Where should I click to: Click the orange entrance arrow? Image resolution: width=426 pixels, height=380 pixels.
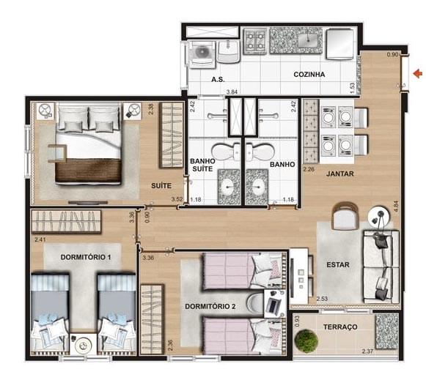(418, 73)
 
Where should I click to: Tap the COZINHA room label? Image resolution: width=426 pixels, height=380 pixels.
(309, 75)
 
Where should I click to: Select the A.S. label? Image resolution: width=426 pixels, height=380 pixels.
(218, 80)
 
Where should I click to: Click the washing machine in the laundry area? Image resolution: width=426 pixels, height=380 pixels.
(202, 53)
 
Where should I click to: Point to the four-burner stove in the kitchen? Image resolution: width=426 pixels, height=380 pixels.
(255, 40)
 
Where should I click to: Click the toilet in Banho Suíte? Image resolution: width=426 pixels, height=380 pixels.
(226, 151)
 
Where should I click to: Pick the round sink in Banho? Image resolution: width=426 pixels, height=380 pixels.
(257, 187)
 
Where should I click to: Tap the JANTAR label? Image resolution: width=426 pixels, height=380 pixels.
(340, 174)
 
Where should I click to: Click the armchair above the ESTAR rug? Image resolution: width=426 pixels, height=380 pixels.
(345, 216)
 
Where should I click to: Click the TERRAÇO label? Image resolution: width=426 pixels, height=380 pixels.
(340, 327)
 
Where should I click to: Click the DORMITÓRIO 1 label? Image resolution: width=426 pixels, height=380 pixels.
(86, 257)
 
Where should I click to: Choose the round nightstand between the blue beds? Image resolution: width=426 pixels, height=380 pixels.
(83, 345)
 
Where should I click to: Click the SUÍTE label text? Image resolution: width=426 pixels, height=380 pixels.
(161, 186)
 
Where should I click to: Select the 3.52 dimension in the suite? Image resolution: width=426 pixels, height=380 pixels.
(177, 199)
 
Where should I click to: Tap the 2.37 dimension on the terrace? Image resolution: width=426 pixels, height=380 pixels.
(367, 351)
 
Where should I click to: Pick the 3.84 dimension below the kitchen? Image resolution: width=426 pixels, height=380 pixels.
(232, 92)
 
